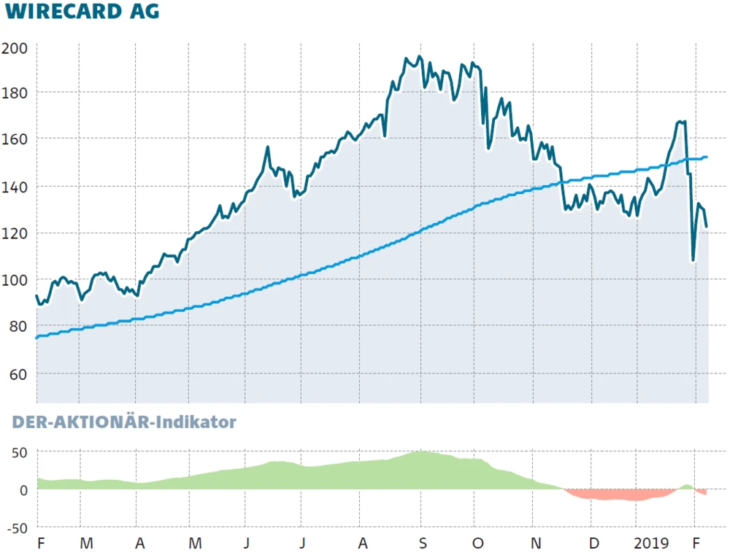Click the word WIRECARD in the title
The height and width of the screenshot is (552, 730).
pos(63,12)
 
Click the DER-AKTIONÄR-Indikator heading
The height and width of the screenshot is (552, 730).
pos(124,422)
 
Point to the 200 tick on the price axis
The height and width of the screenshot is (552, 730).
pos(14,49)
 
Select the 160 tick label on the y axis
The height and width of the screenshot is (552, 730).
pos(14,139)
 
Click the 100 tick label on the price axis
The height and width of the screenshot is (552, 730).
pos(14,280)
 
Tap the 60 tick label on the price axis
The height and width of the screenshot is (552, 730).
pos(18,374)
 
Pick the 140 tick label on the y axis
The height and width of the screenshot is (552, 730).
pos(14,186)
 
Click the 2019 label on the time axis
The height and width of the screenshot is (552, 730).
pos(651,543)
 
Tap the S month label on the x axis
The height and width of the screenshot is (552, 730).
pos(421,543)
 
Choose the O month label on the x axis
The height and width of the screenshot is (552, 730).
pos(478,543)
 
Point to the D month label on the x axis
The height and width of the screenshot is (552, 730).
pos(594,543)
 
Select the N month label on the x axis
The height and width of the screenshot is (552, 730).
pos(537,543)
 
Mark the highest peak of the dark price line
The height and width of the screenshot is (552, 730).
pos(419,57)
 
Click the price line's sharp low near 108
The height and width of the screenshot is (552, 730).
pos(693,260)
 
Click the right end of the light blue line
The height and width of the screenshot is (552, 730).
pos(707,157)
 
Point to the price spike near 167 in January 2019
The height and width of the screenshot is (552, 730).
pos(681,122)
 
